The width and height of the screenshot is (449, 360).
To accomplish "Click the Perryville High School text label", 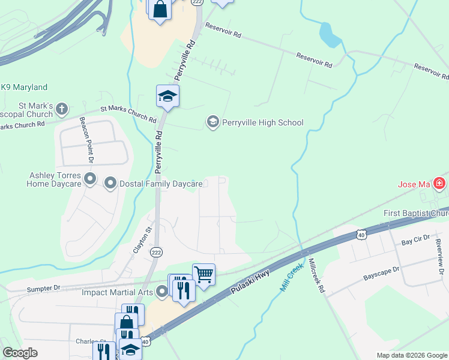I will click(x=263, y=122).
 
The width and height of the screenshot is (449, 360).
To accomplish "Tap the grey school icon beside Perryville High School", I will click(x=212, y=122).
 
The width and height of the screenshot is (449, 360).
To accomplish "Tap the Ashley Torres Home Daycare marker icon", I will click(x=90, y=179).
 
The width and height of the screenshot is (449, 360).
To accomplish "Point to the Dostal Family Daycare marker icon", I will click(x=110, y=183).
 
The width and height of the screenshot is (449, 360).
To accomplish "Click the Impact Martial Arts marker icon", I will click(x=161, y=293).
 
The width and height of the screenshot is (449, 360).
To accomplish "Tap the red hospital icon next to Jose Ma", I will click(x=441, y=183).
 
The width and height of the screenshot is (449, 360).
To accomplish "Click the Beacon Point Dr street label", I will click(x=87, y=139).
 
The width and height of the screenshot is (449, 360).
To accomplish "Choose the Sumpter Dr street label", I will click(x=44, y=288).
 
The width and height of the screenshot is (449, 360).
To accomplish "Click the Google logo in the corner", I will click(x=20, y=353).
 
